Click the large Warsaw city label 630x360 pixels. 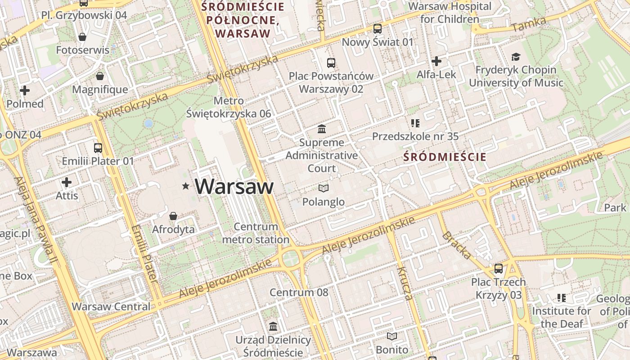point(234,186)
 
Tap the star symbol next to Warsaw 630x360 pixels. point(185,186)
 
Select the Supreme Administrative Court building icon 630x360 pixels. point(322,129)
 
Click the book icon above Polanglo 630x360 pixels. point(323,188)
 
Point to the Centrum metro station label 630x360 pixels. point(256,233)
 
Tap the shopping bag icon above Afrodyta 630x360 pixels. point(173,216)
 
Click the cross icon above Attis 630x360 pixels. point(67,182)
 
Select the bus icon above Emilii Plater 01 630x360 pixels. point(98,148)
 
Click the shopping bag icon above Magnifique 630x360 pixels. point(100,76)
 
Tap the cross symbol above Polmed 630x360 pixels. point(25,90)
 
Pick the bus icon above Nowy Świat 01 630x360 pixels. point(377,29)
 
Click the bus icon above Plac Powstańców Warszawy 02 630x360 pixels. point(331,63)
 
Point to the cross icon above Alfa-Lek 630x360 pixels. point(436,61)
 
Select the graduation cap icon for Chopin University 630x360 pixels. point(516,57)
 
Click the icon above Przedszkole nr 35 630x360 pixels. point(415,123)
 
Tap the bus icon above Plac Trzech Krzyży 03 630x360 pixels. point(498,269)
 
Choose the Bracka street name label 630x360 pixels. point(457,245)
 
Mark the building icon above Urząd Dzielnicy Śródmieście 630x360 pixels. point(273,326)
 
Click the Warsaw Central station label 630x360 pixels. point(111,306)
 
